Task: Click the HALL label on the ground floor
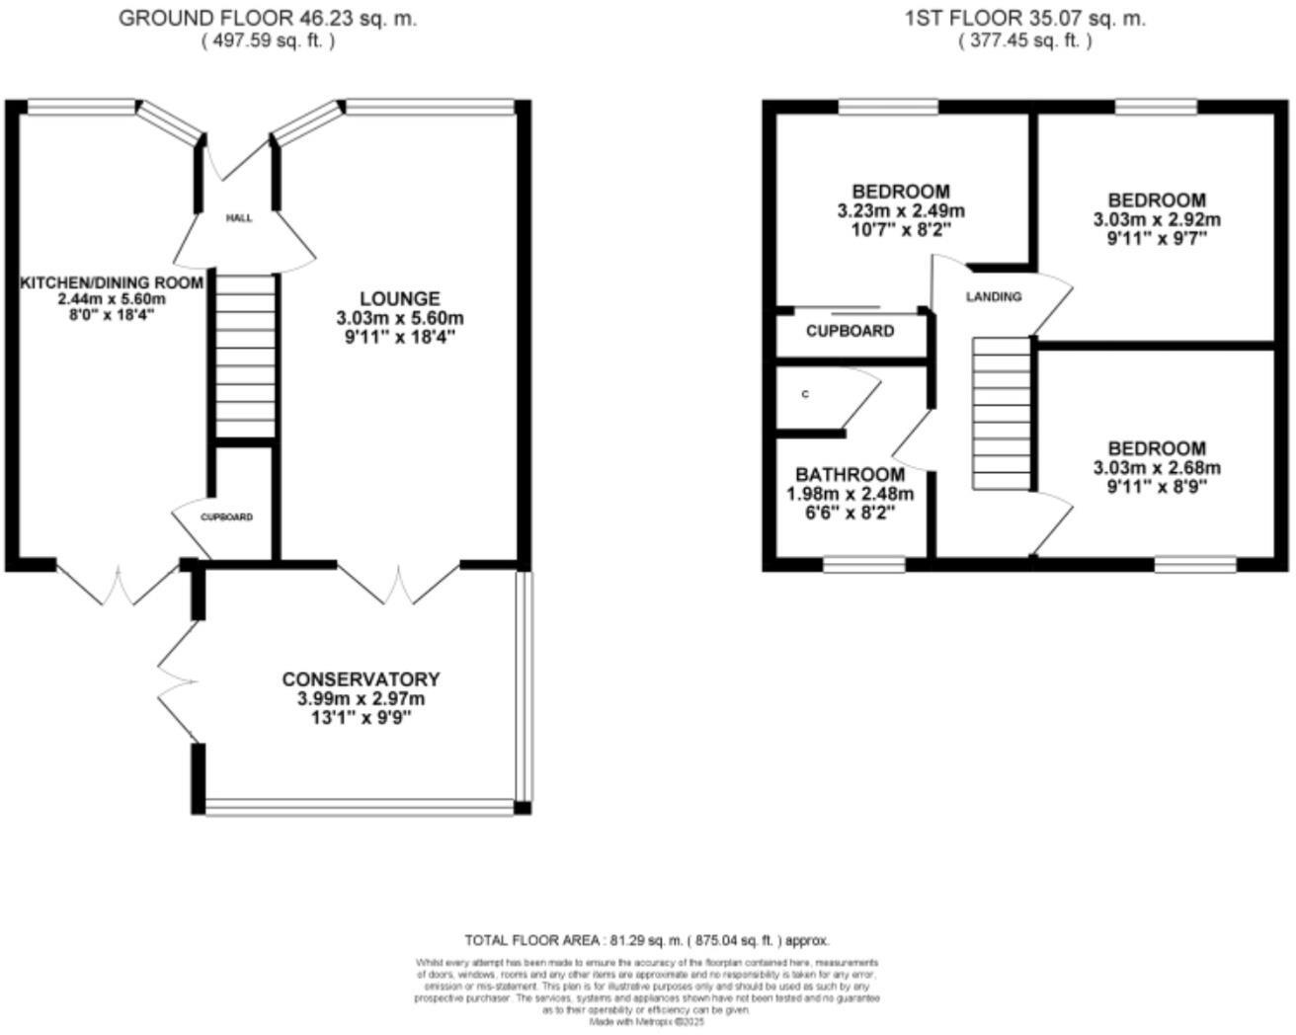[239, 218]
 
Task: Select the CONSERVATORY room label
[361, 679]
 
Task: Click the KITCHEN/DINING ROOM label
[112, 283]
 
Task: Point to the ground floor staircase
[245, 356]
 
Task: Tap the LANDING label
[993, 296]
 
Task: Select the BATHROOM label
[850, 475]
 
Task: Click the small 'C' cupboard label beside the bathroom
[805, 394]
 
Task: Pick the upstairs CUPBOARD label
[850, 332]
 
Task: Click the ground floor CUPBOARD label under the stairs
[227, 517]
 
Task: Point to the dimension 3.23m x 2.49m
[901, 211]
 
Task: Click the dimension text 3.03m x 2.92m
[1156, 220]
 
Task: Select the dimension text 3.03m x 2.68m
[1156, 468]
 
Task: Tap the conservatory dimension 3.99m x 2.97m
[361, 699]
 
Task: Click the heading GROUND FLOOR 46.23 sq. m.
[268, 19]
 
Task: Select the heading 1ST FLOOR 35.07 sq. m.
[1024, 19]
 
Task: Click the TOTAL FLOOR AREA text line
[647, 940]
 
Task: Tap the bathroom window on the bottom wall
[864, 565]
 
